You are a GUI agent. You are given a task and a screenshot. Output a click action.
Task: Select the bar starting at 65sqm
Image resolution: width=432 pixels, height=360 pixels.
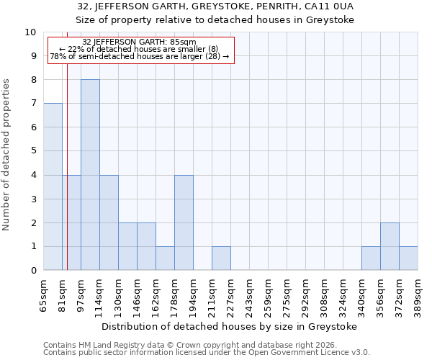click(x=53, y=186)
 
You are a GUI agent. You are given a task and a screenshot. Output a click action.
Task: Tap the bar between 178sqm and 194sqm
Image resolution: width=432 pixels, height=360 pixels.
click(x=184, y=222)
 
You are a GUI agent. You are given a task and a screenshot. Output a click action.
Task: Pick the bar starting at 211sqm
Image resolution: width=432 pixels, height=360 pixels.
click(x=221, y=258)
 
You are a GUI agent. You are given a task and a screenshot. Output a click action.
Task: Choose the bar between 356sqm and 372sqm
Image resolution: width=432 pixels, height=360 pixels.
click(x=390, y=246)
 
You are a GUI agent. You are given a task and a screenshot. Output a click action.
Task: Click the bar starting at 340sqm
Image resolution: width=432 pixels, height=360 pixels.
click(x=371, y=258)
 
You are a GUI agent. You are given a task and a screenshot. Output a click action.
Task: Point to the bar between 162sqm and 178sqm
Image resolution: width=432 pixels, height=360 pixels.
click(x=165, y=258)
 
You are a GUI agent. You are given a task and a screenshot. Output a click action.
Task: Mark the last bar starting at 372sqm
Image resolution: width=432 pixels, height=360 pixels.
click(x=408, y=258)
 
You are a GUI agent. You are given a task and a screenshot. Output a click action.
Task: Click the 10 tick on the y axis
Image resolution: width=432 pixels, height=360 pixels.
click(x=30, y=32)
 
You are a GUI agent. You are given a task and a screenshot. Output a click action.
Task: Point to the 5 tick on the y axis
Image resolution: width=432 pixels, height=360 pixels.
click(x=33, y=151)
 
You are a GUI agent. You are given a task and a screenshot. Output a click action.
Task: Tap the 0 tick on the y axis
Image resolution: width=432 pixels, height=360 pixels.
click(x=33, y=270)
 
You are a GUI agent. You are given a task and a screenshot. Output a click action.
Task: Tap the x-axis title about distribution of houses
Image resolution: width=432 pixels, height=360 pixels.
click(x=230, y=326)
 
